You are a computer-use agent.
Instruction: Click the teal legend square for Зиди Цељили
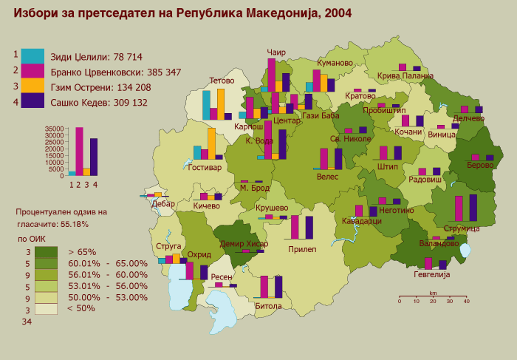32,55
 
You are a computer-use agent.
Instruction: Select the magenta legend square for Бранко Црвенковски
32,71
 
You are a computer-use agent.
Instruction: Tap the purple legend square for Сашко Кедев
32,101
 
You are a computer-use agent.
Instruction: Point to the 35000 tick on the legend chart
55,129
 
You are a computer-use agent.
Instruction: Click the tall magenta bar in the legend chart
79,151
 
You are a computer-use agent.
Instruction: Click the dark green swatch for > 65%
46,252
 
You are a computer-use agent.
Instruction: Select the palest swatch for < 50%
46,308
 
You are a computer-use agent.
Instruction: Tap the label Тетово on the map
222,81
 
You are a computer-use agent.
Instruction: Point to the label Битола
268,305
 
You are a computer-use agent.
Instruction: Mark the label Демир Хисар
244,245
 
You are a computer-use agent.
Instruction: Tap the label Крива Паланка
405,76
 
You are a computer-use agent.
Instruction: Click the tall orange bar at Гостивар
211,143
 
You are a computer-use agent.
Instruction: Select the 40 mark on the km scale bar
466,301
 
